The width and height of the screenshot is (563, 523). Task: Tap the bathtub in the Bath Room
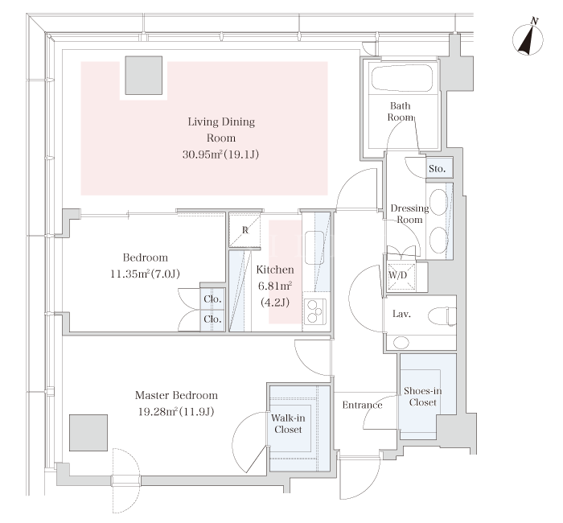click(401, 78)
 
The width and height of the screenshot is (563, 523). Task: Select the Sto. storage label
click(437, 168)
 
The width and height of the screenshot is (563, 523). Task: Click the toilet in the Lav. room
click(442, 316)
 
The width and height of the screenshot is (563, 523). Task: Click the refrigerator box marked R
click(245, 230)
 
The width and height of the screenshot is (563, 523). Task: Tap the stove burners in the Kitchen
click(315, 311)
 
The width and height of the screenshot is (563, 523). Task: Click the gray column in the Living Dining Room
click(144, 76)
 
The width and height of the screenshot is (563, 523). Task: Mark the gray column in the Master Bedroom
click(88, 433)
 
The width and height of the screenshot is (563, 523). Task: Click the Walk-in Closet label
click(288, 423)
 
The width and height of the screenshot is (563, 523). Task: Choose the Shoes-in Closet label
click(422, 397)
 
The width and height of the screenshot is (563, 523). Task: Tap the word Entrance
click(362, 406)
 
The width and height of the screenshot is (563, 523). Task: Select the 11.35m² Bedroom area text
click(129, 274)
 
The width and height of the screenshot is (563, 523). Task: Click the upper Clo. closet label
click(212, 299)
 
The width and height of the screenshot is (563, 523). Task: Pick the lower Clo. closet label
click(212, 319)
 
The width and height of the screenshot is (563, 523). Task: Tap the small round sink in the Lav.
click(401, 342)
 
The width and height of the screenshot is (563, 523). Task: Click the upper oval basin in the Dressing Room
click(438, 202)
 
